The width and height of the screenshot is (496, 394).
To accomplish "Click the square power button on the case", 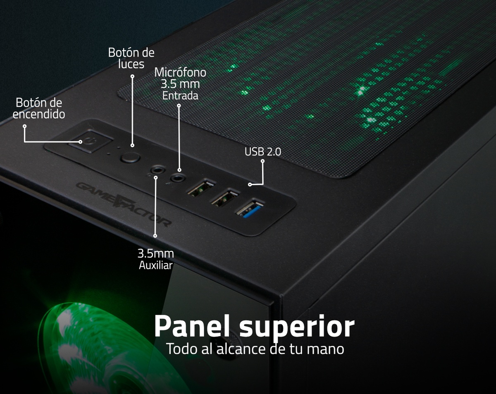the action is pos(91,141).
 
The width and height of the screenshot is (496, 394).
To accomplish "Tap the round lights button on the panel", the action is pos(130,158).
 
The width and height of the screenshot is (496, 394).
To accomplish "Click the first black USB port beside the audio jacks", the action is pos(201,187).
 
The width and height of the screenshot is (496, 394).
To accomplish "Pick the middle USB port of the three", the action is pos(224,197).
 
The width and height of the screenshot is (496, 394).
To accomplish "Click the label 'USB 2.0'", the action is pos(263,152).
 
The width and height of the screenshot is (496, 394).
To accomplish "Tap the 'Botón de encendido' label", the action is pos(39,108).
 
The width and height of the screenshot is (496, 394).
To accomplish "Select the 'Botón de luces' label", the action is pos(131,58).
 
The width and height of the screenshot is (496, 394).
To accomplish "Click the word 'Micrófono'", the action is pos(180,72).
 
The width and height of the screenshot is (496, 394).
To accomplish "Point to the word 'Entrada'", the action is pos(180,96).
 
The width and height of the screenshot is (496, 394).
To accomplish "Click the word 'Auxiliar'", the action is pos(156,265).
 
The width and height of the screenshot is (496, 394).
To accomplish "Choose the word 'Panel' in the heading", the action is pos(192,326).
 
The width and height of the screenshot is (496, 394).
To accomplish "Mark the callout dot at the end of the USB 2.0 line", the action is pos(250,184).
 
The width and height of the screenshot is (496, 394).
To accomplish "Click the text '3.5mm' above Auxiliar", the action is pos(156,254).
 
